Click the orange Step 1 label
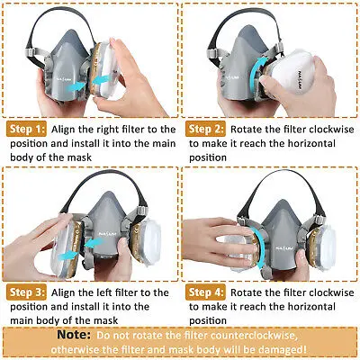(27, 130)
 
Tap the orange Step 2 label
(205, 130)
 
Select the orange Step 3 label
(27, 292)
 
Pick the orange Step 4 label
(205, 292)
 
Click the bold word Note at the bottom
(74, 335)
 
